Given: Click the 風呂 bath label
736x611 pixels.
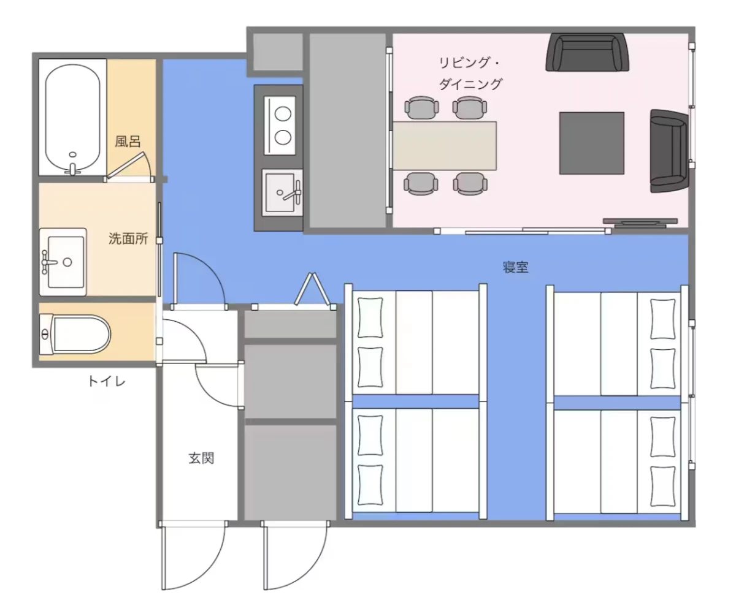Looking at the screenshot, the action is click(128, 142).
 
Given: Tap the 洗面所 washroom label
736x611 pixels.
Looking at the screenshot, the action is click(128, 239).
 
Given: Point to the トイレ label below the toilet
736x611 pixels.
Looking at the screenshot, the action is click(107, 381).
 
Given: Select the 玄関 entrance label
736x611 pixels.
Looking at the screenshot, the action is click(201, 458).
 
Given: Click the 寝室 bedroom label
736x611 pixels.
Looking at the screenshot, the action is click(515, 267).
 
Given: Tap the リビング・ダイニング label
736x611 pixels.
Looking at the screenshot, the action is click(470, 74).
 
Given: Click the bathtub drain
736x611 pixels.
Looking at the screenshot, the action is click(72, 154).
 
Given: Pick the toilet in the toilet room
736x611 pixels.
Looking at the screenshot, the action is click(75, 334).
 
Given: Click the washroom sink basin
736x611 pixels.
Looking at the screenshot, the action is click(66, 262).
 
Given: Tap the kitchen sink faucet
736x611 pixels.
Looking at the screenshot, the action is click(294, 192).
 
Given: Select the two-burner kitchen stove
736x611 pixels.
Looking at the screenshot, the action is click(280, 126).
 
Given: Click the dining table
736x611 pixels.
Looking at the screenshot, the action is click(445, 146).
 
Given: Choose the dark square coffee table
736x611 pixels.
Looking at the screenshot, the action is click(592, 143).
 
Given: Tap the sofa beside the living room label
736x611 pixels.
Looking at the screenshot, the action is click(588, 52).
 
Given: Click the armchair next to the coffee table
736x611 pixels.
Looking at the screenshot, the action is click(669, 151).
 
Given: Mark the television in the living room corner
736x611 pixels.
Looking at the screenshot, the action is click(640, 221).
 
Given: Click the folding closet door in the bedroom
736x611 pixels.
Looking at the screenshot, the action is click(312, 289).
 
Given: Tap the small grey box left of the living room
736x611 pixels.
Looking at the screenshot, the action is click(278, 51).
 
